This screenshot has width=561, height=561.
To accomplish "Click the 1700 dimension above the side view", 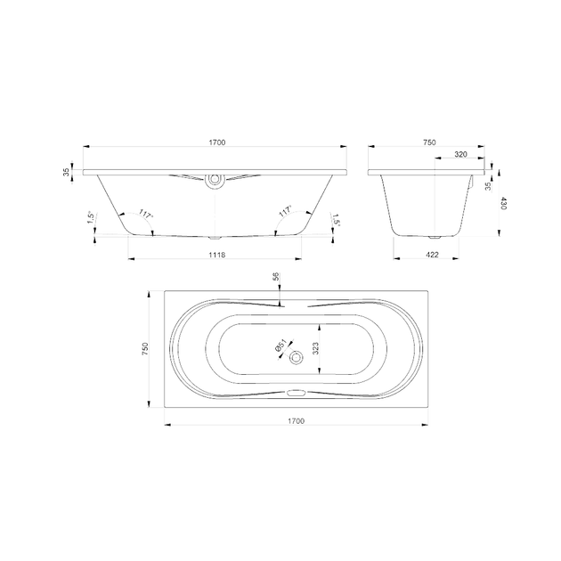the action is [217, 142].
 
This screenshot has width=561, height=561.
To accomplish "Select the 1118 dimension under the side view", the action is [217, 255].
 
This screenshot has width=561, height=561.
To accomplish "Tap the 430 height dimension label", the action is [503, 203].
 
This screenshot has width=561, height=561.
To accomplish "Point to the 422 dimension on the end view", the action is [432, 255].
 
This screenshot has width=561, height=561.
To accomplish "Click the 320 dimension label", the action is [461, 155].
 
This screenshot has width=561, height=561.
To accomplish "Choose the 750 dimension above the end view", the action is [429, 142].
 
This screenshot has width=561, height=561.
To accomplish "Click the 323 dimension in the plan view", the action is [315, 348].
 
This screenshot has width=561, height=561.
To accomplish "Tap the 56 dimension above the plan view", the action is [276, 277].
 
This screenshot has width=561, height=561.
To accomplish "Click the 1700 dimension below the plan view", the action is [297, 421].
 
